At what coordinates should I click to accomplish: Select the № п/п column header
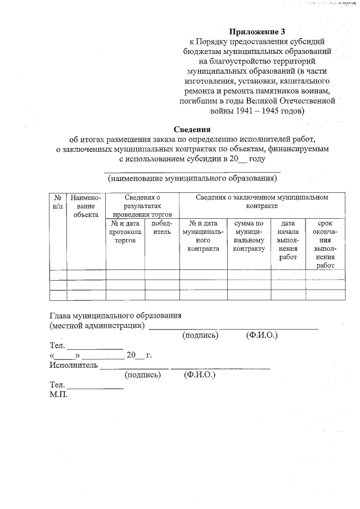point(57,202)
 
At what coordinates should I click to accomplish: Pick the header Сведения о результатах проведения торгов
point(142,206)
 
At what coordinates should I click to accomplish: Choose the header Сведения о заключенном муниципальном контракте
point(262,202)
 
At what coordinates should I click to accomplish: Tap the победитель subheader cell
point(161,227)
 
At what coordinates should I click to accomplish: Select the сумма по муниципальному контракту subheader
point(249,235)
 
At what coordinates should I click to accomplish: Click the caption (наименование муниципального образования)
point(192,178)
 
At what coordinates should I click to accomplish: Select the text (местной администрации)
point(96,325)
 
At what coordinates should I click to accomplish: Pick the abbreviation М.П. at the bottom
point(58,395)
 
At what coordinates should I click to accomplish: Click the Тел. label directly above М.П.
point(57,385)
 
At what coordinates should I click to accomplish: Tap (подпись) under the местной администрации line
point(200,335)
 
